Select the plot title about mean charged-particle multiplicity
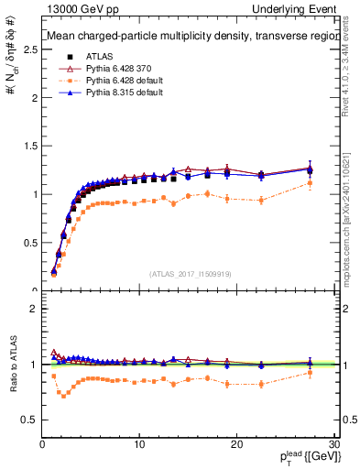point(183,38)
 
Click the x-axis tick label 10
point(139,444)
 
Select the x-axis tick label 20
point(236,444)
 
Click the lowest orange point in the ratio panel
point(63,396)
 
